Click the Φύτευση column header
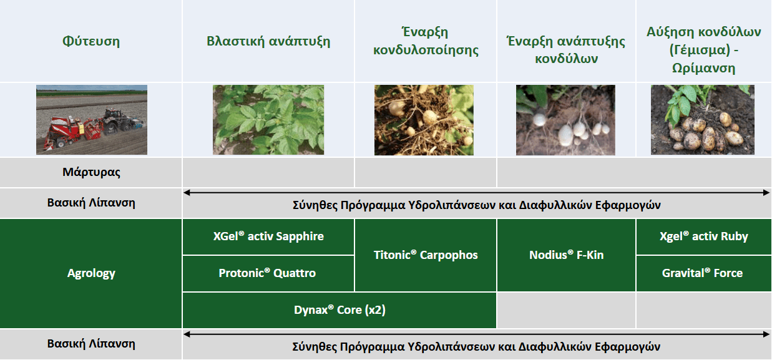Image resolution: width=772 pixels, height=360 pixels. (x=91, y=42)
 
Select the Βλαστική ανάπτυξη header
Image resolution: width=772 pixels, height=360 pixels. (x=268, y=42)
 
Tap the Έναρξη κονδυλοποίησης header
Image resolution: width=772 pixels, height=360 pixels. (x=426, y=41)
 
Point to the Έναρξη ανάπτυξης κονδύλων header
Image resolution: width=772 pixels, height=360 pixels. (x=566, y=50)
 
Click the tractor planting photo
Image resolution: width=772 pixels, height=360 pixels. (x=92, y=120)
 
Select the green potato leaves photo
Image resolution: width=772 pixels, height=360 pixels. (x=268, y=120)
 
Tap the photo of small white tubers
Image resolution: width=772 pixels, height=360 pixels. (x=565, y=120)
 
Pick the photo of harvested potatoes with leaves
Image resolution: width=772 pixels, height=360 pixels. (x=702, y=120)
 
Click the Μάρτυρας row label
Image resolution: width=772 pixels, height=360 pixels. (x=91, y=172)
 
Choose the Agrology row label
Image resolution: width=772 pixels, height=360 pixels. (x=91, y=273)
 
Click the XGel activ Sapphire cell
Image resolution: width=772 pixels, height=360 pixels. (x=268, y=236)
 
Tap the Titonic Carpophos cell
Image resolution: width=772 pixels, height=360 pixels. (x=426, y=255)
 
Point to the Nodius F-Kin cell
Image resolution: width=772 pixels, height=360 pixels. (x=566, y=255)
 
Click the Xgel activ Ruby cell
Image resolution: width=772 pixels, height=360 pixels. (x=703, y=236)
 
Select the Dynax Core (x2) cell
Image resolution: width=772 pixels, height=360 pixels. (x=340, y=310)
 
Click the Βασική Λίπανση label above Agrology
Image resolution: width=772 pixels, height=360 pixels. (x=91, y=203)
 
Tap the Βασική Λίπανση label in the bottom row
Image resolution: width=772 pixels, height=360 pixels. (x=91, y=344)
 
